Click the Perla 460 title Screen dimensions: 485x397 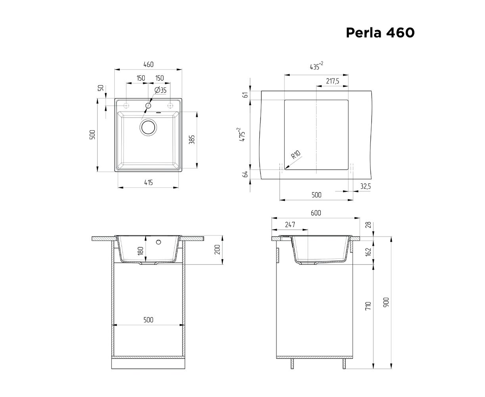tap(380, 33)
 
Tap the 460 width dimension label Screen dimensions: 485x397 tap(148, 64)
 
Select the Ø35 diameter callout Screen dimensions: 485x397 tap(160, 90)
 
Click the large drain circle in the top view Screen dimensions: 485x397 tap(148, 127)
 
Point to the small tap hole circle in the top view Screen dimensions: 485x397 tap(148, 106)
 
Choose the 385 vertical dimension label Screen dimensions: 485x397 tap(192, 140)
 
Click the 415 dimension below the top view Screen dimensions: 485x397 tap(148, 183)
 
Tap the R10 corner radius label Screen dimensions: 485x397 tap(296, 155)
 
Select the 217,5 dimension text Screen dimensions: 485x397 tap(332, 81)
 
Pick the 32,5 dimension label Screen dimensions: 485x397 tap(365, 186)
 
